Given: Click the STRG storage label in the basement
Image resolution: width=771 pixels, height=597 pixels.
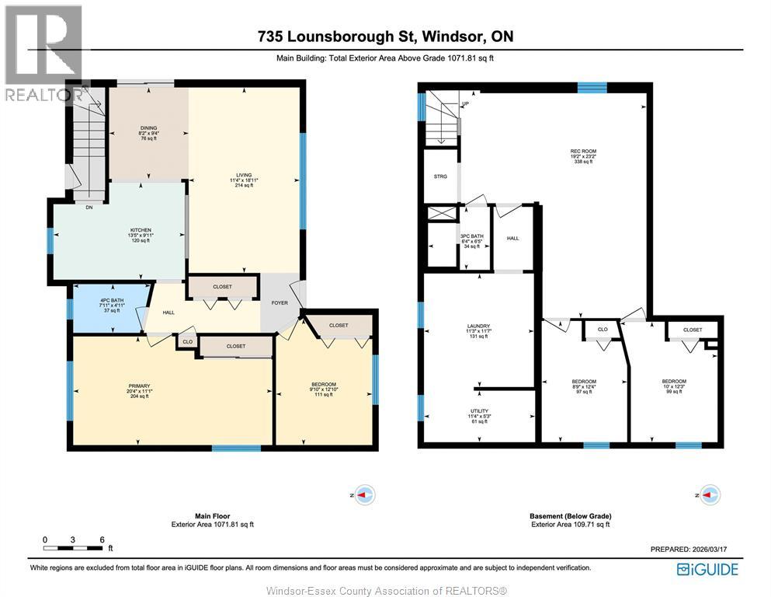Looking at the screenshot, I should [440, 176].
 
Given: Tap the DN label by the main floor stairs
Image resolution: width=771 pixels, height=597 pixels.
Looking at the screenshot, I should [89, 207].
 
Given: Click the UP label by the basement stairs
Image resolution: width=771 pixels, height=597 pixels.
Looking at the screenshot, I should [465, 104].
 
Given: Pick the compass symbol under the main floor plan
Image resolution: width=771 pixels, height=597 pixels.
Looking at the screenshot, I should [364, 494].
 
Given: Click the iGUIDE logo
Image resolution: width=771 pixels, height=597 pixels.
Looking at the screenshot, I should [707, 570].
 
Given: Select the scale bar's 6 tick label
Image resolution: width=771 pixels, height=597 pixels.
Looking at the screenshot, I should [101, 539].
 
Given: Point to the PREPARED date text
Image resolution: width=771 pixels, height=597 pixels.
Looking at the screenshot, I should [694, 549].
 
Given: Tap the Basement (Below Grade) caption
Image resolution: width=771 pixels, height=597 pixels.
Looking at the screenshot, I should [571, 515].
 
